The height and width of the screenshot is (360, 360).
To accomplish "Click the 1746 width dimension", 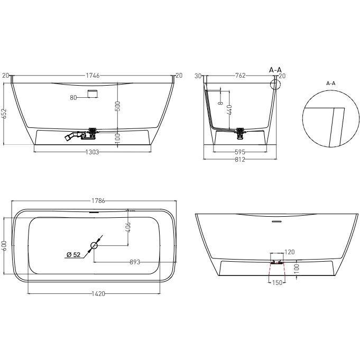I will click(93, 76).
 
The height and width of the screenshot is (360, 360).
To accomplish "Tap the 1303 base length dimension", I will click(93, 152).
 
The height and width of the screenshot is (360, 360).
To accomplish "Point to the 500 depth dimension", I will click(118, 106).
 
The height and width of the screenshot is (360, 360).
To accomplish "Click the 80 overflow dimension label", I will click(73, 97).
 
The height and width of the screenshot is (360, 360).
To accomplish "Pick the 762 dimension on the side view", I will click(240, 76).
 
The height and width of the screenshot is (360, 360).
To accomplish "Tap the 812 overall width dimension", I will click(241, 159).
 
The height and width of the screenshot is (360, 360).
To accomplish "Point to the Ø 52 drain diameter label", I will click(73, 255).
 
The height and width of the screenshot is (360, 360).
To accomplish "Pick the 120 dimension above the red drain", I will click(289, 252).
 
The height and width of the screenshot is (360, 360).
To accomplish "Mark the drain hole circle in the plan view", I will click(94, 245).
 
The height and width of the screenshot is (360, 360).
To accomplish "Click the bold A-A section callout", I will click(275, 70).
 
